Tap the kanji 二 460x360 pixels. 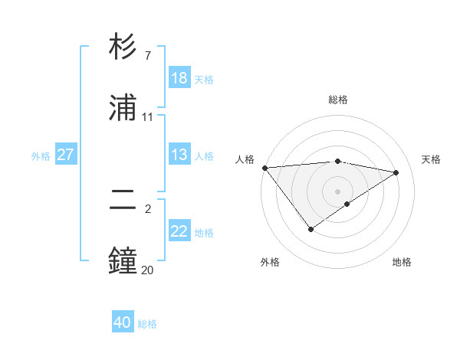click(x=123, y=201)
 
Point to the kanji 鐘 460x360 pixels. click(x=123, y=260)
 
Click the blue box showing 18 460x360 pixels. click(x=179, y=78)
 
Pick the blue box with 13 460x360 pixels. click(x=179, y=155)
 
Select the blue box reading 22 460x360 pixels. click(x=179, y=232)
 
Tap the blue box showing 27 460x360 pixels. click(x=65, y=155)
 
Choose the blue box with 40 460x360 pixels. click(x=123, y=323)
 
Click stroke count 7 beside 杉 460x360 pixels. click(x=147, y=56)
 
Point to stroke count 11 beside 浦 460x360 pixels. click(x=147, y=116)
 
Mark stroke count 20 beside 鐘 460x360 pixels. click(x=147, y=269)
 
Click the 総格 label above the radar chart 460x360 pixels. click(x=338, y=100)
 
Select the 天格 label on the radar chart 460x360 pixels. click(x=431, y=159)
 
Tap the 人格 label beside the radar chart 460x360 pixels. click(x=244, y=159)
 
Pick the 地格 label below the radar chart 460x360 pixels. click(x=402, y=262)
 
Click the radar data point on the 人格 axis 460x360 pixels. click(x=264, y=168)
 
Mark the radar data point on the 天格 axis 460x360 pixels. click(x=396, y=172)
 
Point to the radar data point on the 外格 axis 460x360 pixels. click(x=310, y=229)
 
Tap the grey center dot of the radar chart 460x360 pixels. click(x=338, y=191)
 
